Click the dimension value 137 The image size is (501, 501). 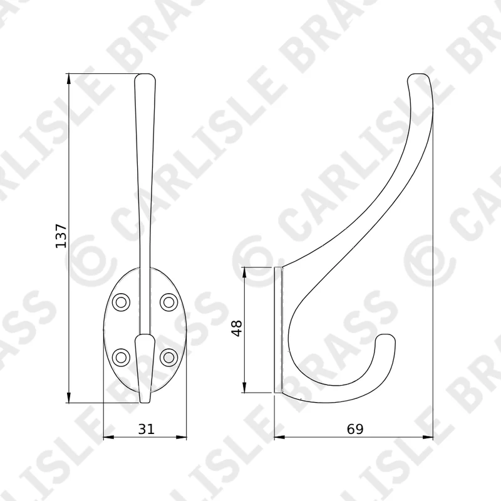click(x=61, y=236)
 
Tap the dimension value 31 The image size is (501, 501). click(x=146, y=429)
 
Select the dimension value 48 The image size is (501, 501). click(x=237, y=328)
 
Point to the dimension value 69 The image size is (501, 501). click(x=355, y=429)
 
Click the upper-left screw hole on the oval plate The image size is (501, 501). click(x=121, y=302)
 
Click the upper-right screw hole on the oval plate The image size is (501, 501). click(x=168, y=302)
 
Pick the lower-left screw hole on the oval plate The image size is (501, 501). click(x=121, y=357)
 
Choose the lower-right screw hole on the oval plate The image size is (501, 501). click(x=168, y=357)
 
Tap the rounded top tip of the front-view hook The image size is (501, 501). click(x=145, y=75)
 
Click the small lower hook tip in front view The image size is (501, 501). click(x=145, y=401)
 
